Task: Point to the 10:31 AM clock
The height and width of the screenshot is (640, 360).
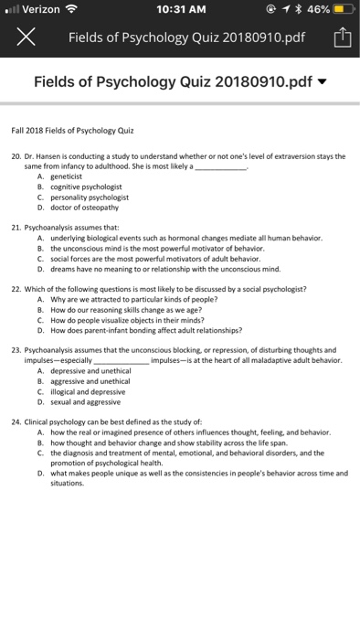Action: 179,11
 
